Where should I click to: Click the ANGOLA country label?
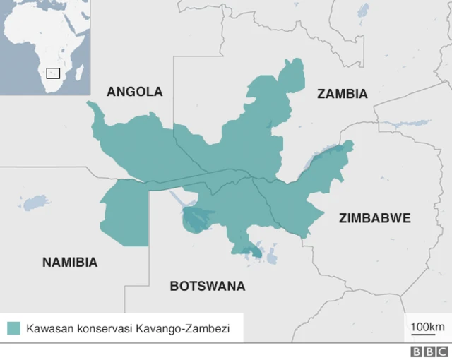[134, 92]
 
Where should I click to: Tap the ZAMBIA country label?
[342, 94]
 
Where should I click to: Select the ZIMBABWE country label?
[374, 218]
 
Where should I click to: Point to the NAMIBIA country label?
[70, 263]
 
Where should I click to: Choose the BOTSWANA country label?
[208, 286]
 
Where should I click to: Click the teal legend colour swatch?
[13, 328]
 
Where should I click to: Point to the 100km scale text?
[427, 326]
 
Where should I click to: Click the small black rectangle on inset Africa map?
[53, 73]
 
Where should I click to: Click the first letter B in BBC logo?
[417, 352]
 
